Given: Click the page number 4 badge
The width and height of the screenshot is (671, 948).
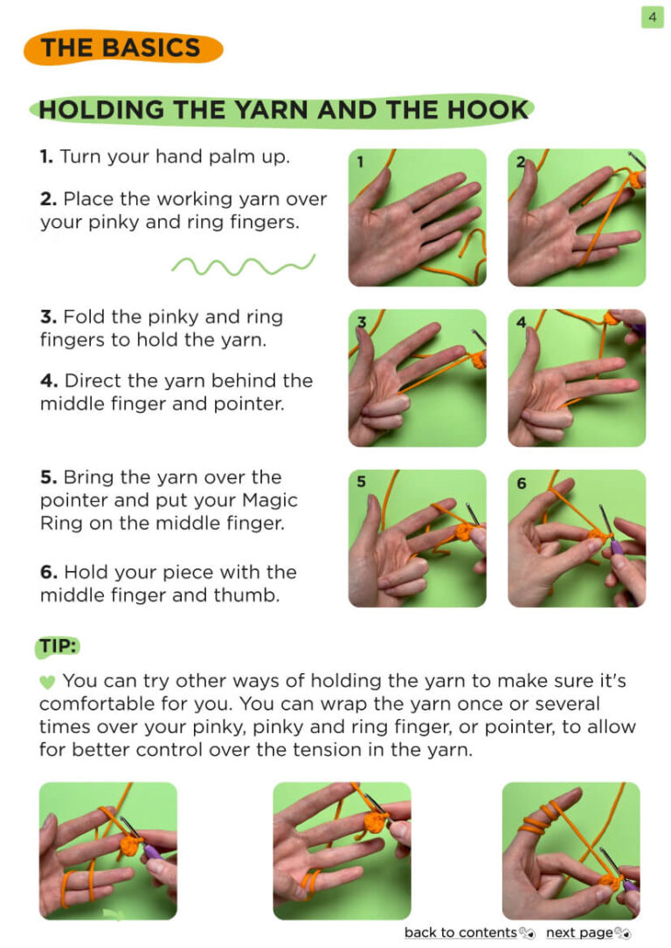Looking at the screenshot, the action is click(653, 17).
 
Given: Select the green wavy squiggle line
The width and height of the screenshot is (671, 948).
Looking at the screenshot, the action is click(243, 264).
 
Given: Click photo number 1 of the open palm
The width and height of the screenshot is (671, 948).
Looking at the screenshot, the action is click(417, 217).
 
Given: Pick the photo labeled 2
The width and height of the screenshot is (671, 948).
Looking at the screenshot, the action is click(577, 217).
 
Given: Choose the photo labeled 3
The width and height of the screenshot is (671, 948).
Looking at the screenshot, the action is click(417, 378).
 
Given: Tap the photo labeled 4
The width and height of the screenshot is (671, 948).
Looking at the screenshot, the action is click(577, 378).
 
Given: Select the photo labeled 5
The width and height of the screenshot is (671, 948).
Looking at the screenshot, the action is click(417, 538).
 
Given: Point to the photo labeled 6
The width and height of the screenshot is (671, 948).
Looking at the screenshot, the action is click(577, 538).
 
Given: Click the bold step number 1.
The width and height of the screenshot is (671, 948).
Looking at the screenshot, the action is click(46, 156).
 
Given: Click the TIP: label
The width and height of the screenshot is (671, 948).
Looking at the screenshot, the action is click(58, 646).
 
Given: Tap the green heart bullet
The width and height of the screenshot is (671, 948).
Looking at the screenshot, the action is click(47, 682).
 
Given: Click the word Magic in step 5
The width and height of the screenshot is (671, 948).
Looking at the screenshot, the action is click(269, 500).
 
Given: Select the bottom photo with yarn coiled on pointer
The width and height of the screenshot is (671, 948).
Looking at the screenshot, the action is click(571, 850).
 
